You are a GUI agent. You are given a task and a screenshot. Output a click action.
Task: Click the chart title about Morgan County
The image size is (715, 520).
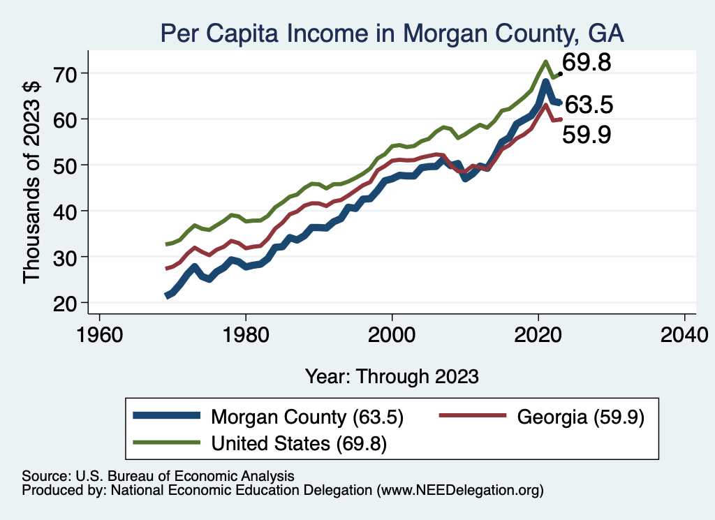pos(391,32)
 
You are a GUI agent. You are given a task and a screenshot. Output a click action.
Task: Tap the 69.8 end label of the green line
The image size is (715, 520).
pos(587,64)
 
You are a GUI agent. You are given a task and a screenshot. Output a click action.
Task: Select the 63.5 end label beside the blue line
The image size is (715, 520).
pos(589,105)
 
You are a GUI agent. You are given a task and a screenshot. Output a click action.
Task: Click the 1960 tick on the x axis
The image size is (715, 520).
pos(100,332)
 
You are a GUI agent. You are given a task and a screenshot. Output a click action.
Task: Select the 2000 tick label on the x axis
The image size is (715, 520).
pos(392,332)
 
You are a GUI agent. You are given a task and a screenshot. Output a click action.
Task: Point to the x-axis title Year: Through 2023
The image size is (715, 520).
pos(392,376)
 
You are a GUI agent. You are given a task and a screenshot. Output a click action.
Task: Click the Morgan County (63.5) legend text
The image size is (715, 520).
pos(307,417)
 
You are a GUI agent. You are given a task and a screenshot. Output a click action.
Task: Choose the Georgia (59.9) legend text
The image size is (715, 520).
pos(580,417)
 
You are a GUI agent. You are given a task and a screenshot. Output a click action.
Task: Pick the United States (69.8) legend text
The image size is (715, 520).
pos(299,443)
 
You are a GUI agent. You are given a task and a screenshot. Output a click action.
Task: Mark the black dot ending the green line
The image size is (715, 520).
pos(560,73)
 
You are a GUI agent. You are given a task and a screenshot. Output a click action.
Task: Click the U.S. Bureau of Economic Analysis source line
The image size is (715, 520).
pos(158,475)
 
